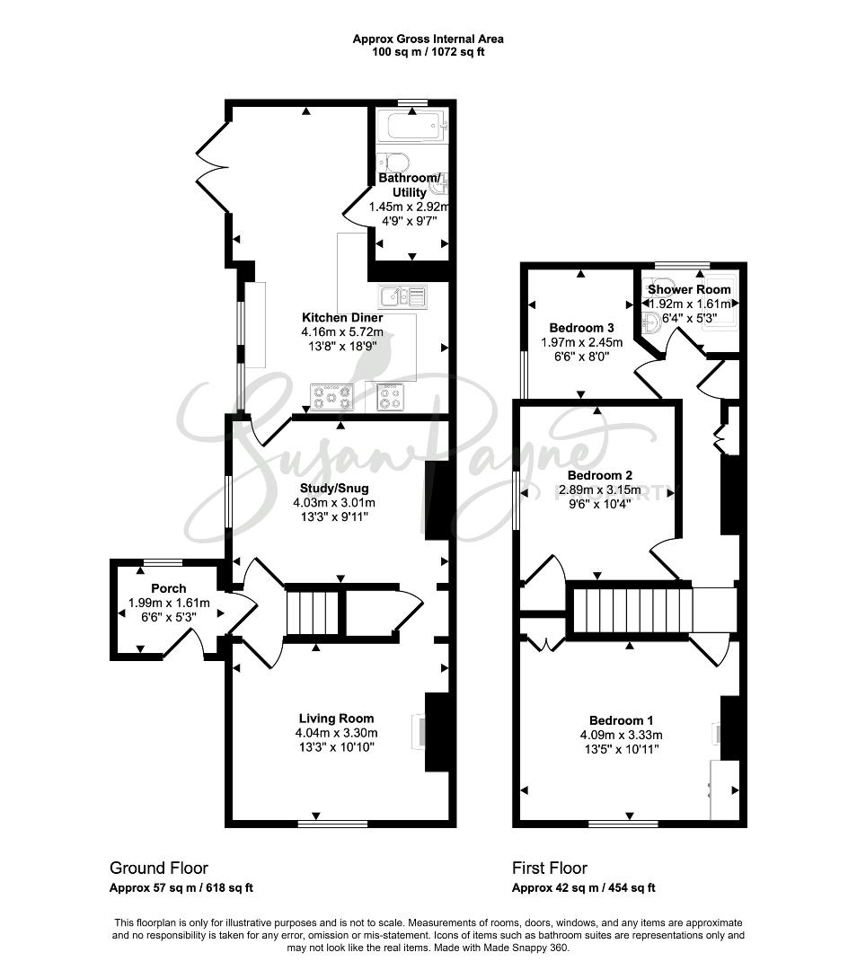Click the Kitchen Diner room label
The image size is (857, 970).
pos(342,317)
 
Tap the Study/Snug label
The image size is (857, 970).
pos(334,488)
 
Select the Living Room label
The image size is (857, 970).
pos(336,719)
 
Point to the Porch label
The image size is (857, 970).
pos(168,588)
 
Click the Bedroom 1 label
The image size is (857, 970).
pos(621,720)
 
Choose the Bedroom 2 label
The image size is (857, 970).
pos(599,475)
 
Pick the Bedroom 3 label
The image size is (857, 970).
pos(581,327)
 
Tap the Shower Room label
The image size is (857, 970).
pos(689,289)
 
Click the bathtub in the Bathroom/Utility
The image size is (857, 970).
pos(412,128)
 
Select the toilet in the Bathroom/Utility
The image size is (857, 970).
pos(393,163)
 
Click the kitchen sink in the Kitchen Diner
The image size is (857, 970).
pos(402,296)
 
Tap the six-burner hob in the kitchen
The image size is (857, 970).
pos(332,397)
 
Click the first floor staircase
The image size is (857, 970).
pos(632,611)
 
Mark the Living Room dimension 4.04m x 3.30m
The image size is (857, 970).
pos(336,733)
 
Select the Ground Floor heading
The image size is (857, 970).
pos(158,868)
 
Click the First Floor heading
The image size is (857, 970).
pos(550,868)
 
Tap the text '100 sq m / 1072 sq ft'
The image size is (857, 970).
pos(428,52)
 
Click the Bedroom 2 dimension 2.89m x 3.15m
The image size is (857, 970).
pos(599,490)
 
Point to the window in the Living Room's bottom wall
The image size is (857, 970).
pos(332,824)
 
